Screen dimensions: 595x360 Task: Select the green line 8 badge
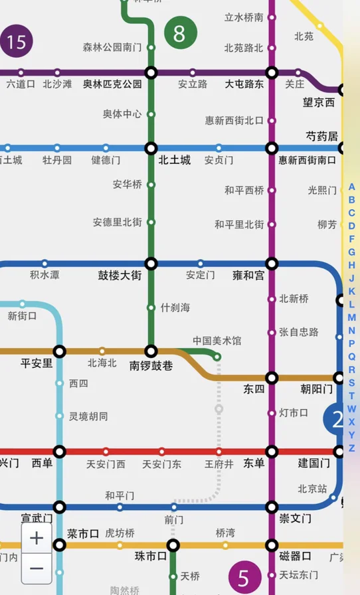180,33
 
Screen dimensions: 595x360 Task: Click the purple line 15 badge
16,42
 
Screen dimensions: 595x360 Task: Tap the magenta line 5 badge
244,576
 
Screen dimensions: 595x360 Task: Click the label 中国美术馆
217,341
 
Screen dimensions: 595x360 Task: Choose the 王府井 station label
219,464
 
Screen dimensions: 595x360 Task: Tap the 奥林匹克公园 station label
112,84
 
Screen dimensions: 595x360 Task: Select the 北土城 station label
174,160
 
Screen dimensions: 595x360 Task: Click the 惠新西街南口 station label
307,160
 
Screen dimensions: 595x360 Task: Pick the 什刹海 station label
175,307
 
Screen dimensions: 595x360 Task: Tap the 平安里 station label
37,363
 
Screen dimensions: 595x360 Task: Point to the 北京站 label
312,489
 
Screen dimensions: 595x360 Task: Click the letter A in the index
352,187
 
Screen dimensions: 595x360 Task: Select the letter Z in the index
352,448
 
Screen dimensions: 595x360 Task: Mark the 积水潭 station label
45,275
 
